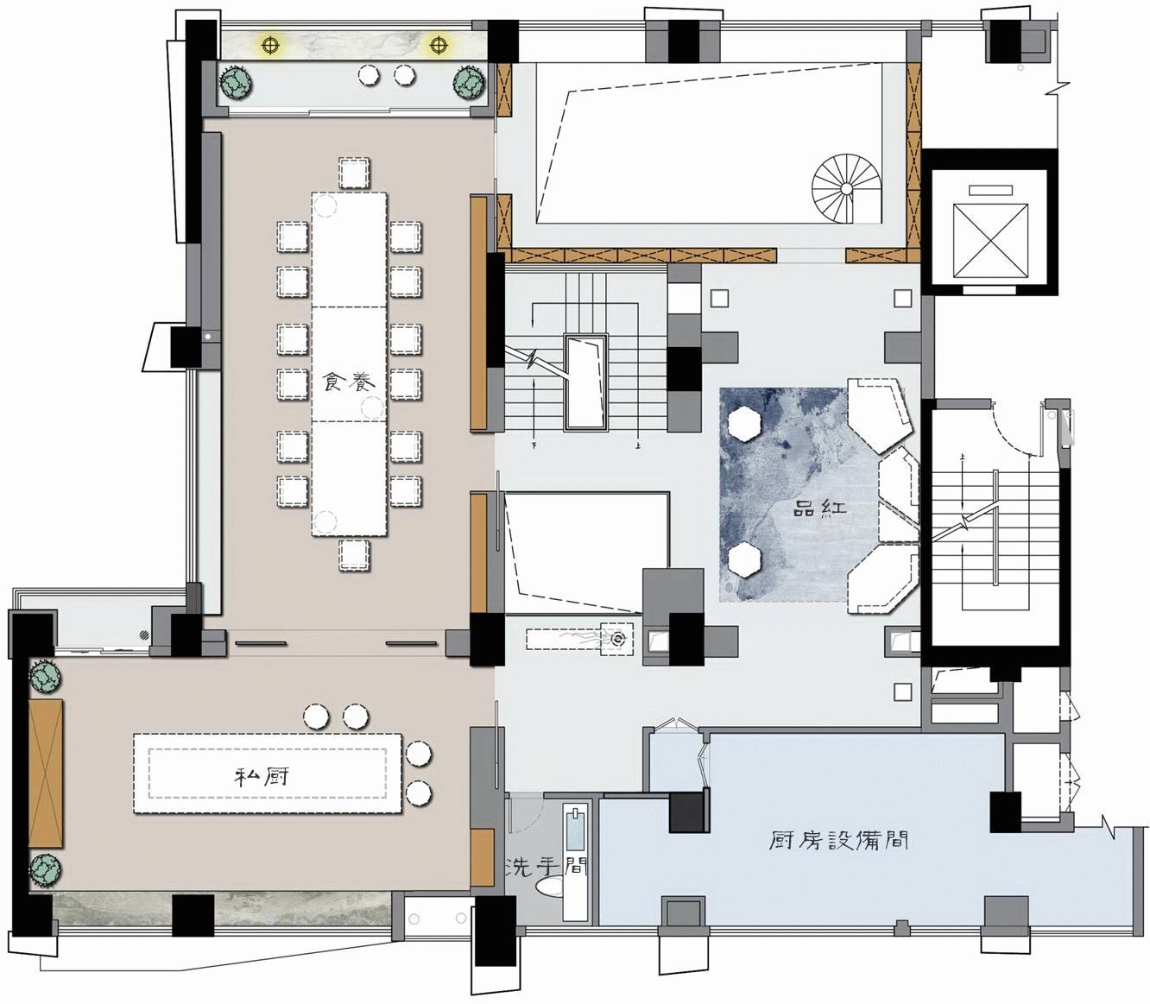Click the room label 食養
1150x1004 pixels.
coord(349,382)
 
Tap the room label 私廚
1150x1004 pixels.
coord(262,777)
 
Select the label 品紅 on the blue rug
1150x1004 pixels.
coord(819,509)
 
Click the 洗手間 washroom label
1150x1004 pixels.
coord(546,867)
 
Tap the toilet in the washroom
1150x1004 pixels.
coord(550,887)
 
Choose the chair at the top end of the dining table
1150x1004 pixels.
coord(354,173)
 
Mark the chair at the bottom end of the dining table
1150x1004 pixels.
coord(354,555)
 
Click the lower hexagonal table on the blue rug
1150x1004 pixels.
coord(745,559)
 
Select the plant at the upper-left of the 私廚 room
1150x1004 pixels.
coord(46,677)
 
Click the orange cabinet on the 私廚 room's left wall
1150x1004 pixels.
coord(45,774)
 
